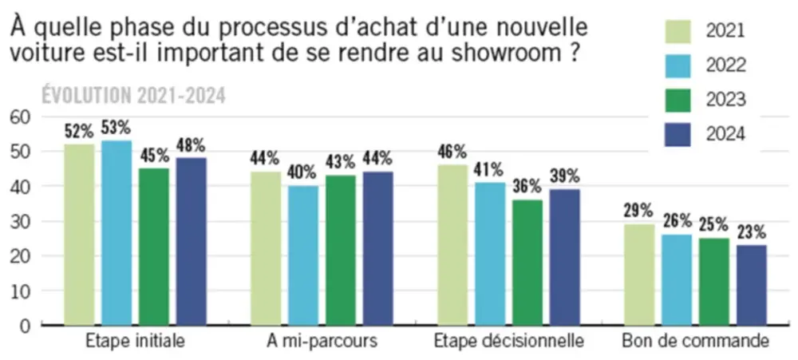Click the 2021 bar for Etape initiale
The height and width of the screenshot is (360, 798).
80,235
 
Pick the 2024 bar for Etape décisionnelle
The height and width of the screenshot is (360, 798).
565,257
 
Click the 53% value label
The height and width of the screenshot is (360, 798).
117,128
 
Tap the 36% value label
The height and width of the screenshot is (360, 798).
527,187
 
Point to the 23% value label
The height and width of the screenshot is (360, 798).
751,232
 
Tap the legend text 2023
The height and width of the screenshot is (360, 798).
725,100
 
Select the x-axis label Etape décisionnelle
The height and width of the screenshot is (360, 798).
509,342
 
